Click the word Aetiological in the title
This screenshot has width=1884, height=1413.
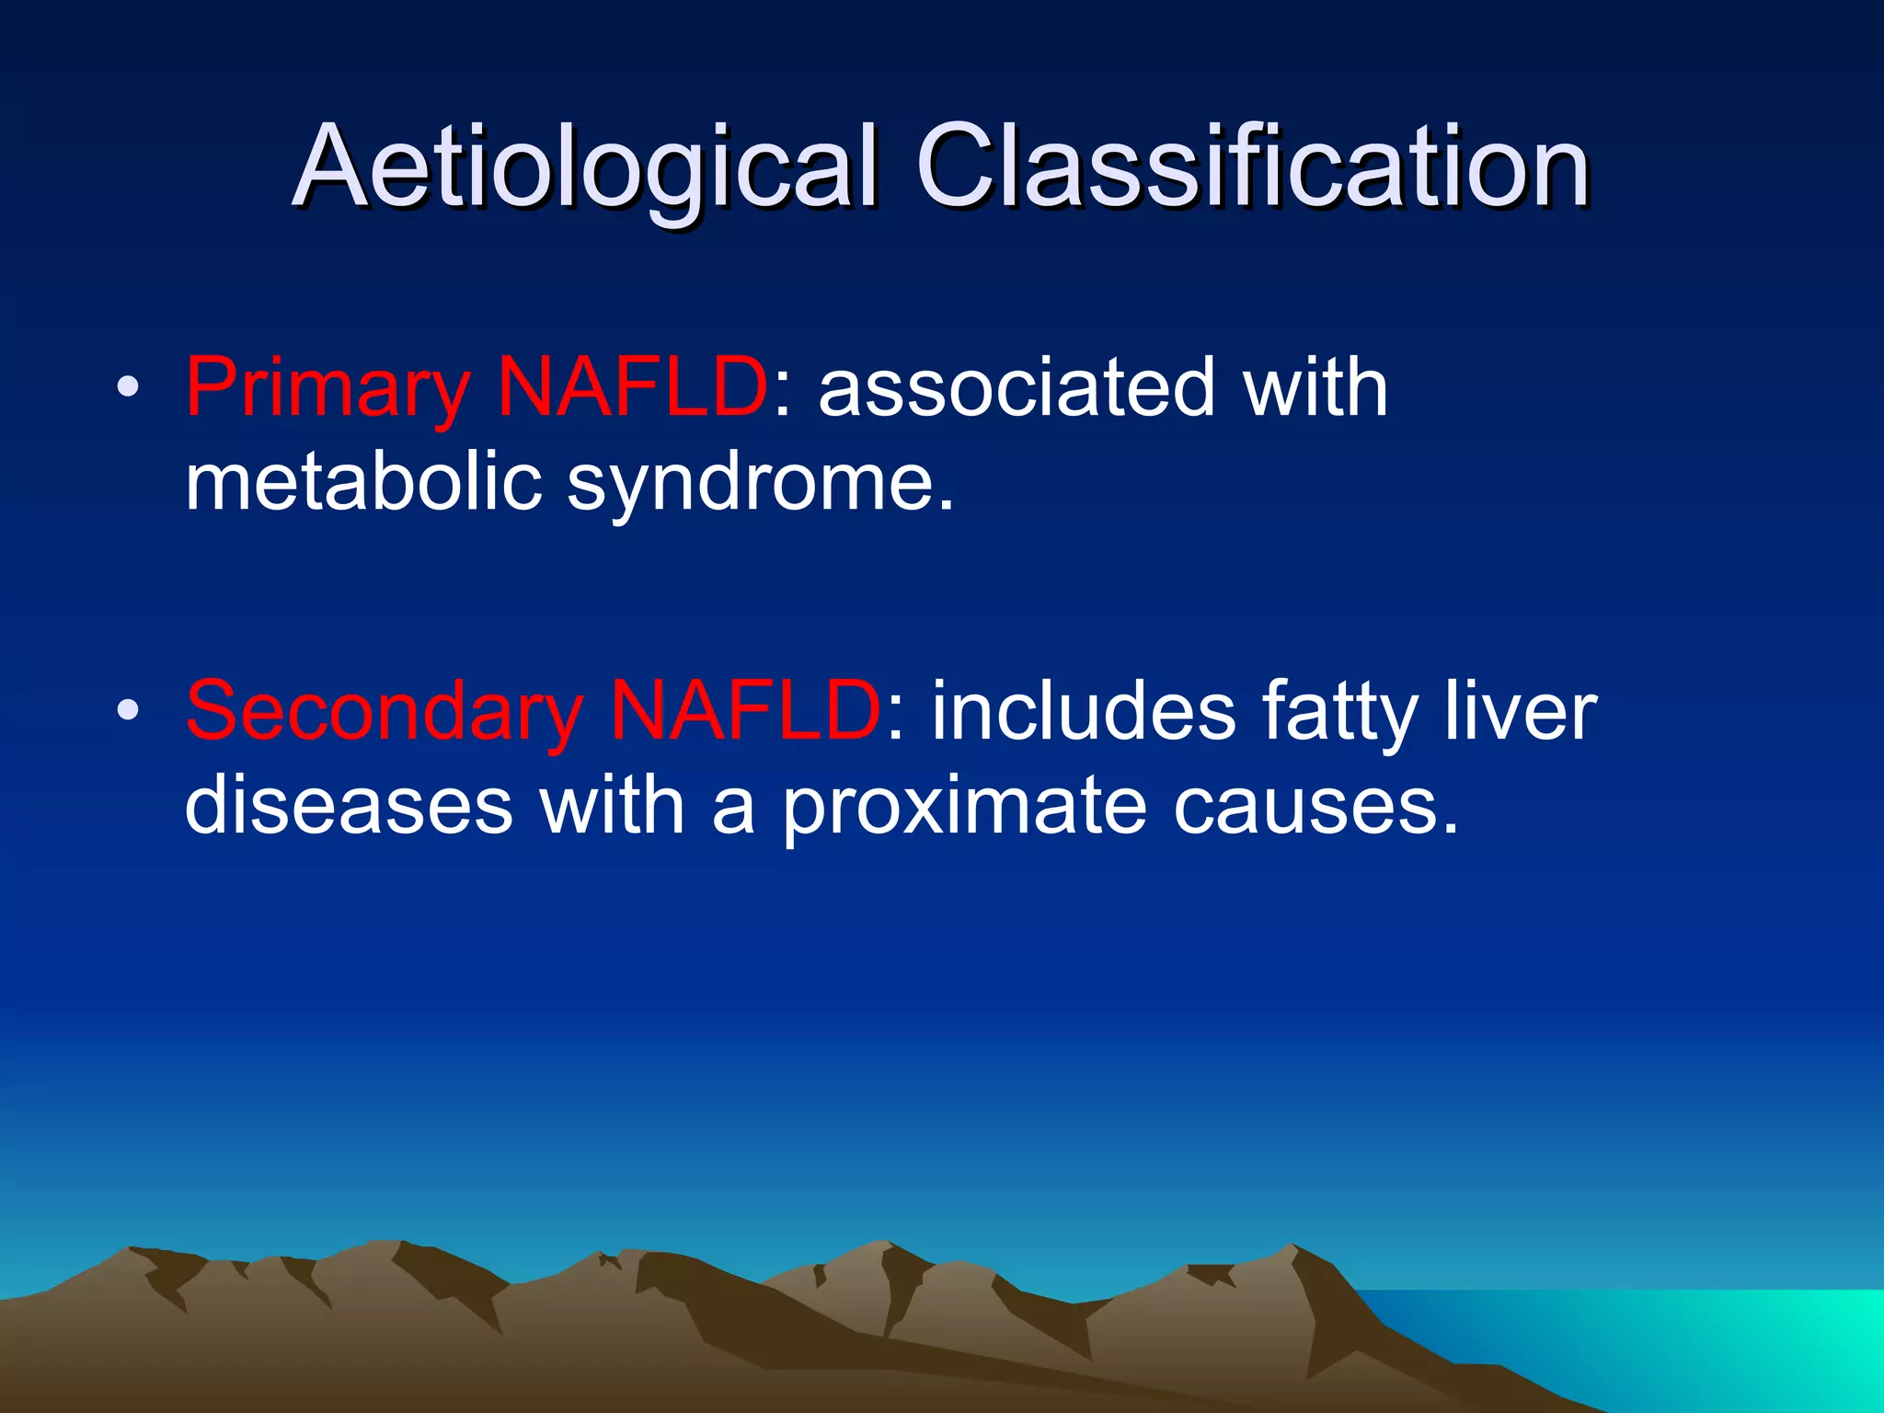585,167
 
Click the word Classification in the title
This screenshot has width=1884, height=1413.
1252,167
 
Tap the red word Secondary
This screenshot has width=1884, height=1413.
384,711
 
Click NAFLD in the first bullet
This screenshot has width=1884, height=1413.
632,387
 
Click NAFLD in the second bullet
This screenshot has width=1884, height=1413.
746,709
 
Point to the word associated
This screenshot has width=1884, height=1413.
1017,387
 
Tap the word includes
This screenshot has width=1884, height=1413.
1084,709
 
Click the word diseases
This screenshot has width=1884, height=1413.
349,805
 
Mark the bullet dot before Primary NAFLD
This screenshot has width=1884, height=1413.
128,387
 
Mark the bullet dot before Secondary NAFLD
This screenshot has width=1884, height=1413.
128,710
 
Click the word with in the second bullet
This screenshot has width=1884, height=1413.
612,805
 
